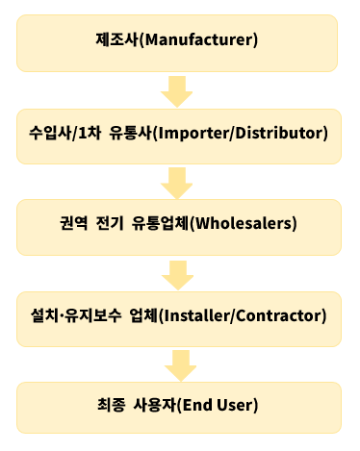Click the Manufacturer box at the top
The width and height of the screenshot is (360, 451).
[179, 42]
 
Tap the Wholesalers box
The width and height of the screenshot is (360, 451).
[179, 224]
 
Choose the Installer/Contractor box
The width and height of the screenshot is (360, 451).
[179, 314]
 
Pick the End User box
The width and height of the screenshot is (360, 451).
[179, 404]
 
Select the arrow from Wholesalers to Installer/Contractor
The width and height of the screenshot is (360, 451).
[178, 272]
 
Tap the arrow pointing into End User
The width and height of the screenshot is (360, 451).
[178, 363]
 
